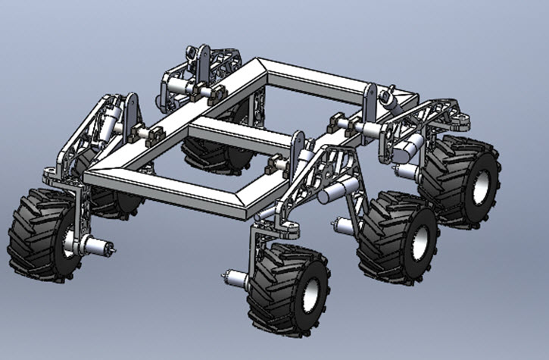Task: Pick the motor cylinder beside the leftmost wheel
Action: [x=94, y=246]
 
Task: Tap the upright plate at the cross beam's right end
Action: [x=298, y=144]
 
